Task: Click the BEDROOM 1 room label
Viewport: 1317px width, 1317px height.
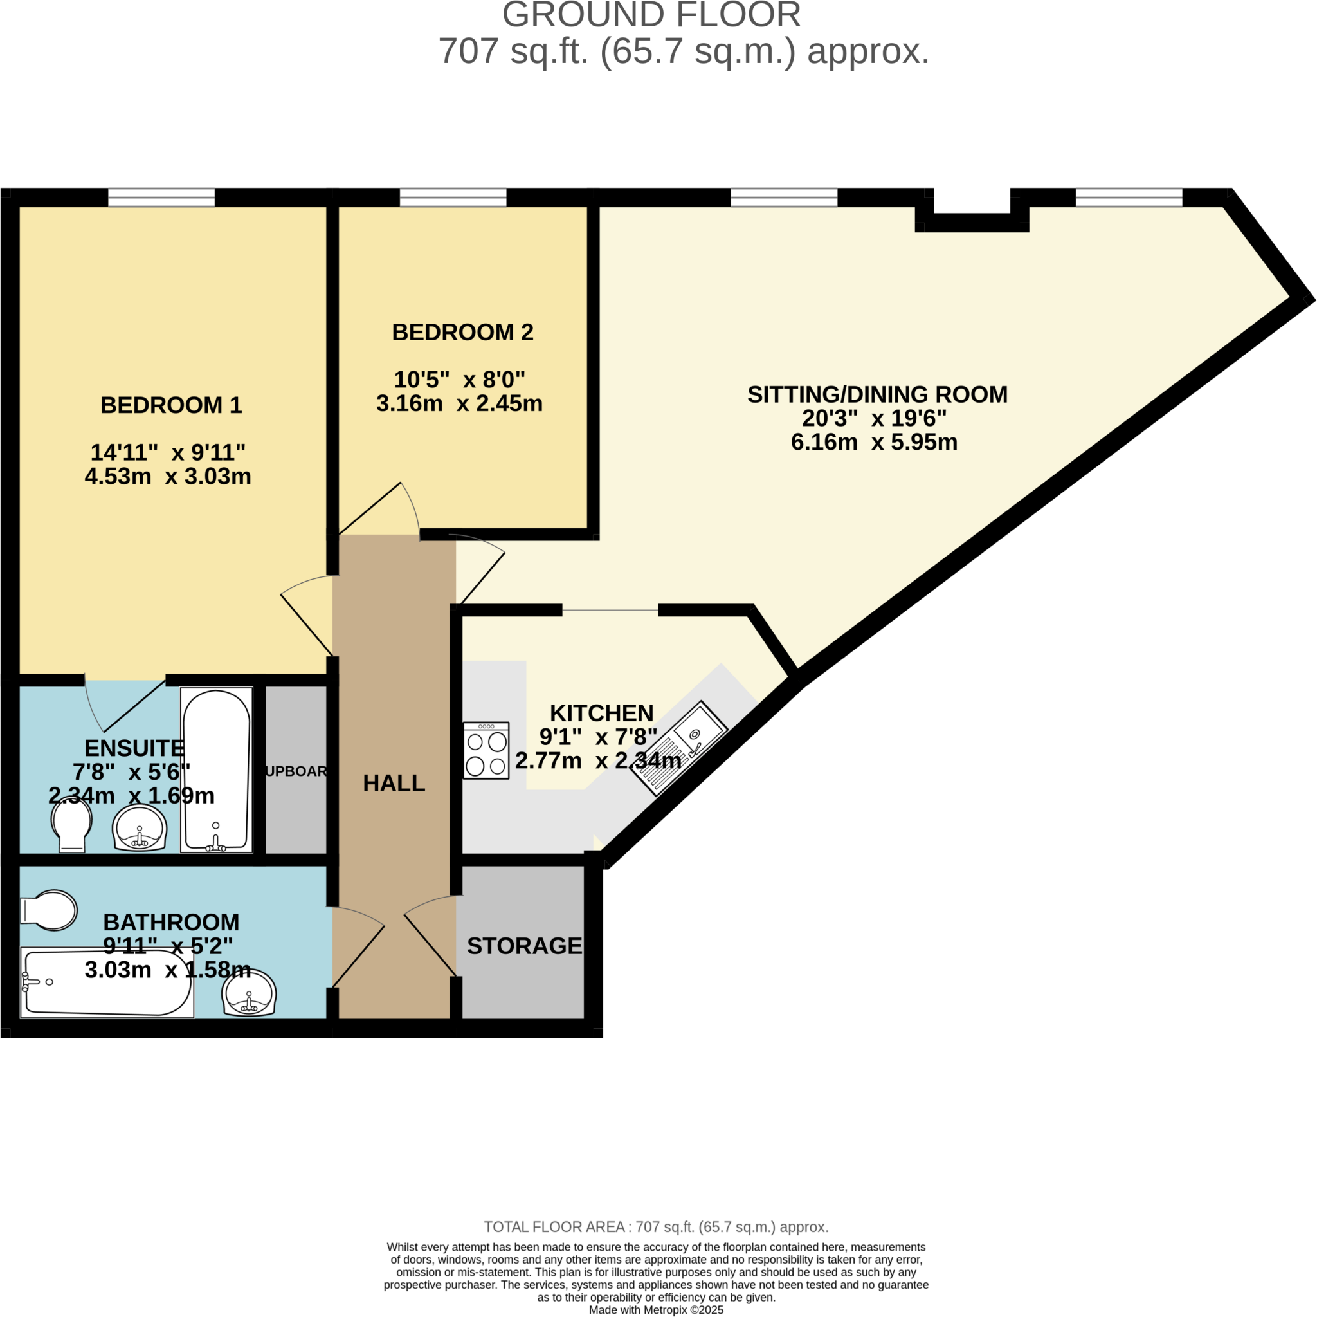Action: click(x=171, y=405)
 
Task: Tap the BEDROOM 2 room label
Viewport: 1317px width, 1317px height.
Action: click(x=462, y=332)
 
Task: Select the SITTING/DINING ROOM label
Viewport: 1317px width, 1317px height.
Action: click(x=877, y=394)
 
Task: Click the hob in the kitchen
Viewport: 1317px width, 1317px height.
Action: click(x=486, y=751)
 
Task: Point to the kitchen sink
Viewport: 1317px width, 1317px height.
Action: click(x=679, y=748)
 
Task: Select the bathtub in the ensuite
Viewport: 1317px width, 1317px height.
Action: click(x=216, y=770)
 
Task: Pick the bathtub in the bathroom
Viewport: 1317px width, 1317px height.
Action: click(x=107, y=983)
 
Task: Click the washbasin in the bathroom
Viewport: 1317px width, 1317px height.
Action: click(x=250, y=991)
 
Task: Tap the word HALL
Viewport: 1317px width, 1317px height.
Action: click(x=394, y=783)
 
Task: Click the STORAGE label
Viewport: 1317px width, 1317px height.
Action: click(x=524, y=946)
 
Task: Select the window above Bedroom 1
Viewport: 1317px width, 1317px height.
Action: click(x=161, y=198)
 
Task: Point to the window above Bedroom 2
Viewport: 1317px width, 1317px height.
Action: click(x=453, y=198)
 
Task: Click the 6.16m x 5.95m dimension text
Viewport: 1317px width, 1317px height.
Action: click(x=874, y=442)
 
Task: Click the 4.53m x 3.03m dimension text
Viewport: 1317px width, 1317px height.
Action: click(x=168, y=476)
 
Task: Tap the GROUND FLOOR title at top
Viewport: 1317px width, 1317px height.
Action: click(x=651, y=15)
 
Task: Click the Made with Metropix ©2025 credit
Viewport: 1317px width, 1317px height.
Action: click(x=656, y=1309)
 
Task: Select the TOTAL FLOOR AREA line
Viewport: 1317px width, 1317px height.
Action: click(x=656, y=1227)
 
